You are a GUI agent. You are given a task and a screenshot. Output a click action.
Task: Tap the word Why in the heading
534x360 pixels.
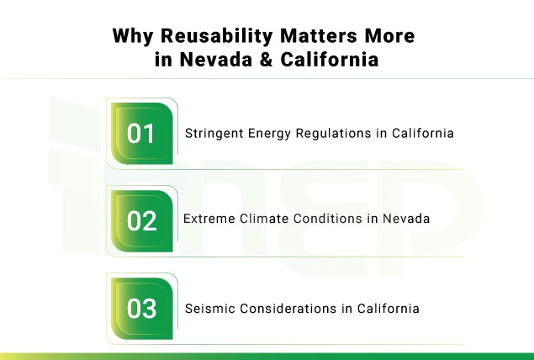130,38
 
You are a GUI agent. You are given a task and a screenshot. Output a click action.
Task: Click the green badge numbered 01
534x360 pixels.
142,133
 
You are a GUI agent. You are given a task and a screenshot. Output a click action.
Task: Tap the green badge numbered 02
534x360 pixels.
142,220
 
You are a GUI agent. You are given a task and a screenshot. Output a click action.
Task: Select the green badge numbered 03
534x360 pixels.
142,308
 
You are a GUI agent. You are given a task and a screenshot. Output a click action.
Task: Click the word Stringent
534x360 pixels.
212,133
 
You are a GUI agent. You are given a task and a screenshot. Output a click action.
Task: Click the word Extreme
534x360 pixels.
207,219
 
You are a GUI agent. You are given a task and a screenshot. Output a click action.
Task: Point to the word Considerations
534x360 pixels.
280,309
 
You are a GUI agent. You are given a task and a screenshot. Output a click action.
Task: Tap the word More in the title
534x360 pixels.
373,38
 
